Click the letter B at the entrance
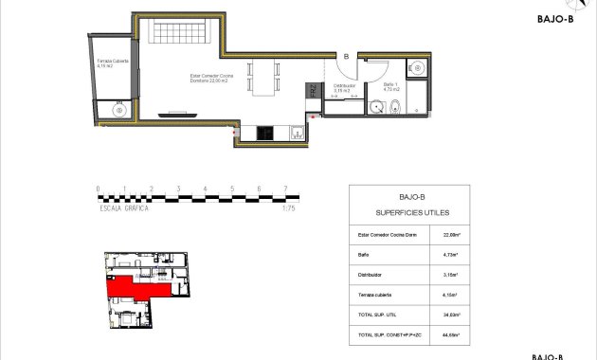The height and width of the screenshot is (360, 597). click(x=346, y=57)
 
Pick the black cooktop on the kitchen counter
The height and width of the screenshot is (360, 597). click(x=264, y=132)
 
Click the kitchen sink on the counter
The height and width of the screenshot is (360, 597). click(x=295, y=132)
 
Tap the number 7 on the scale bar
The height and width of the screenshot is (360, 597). click(x=286, y=189)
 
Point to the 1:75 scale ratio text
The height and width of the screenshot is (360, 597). click(x=289, y=207)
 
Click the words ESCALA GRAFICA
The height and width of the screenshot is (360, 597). click(x=124, y=207)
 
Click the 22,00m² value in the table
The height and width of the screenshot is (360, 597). click(x=451, y=233)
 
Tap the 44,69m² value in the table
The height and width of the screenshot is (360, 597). click(x=451, y=335)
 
